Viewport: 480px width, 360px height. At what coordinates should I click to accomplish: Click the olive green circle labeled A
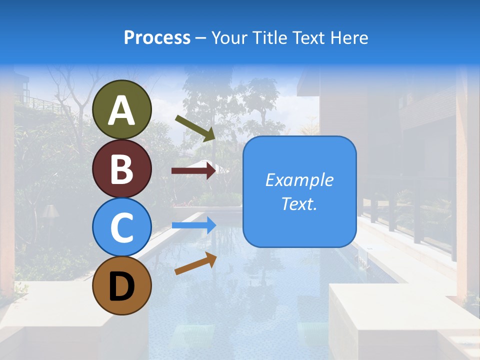coord(121,109)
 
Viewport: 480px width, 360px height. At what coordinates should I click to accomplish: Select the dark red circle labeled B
coord(121,168)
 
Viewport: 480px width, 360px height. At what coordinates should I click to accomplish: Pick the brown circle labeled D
coord(121,285)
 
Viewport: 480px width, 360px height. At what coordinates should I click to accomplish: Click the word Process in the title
coord(157,37)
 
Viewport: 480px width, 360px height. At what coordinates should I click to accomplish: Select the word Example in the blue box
coord(299,180)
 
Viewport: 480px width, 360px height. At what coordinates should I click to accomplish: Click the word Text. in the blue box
coord(299,204)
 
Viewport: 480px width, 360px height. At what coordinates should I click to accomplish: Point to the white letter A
coord(121,110)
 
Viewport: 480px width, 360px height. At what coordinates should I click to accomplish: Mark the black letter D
coord(121,286)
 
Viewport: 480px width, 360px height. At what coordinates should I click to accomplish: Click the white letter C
coord(121,227)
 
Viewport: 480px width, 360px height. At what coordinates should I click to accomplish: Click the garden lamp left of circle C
coord(50,213)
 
